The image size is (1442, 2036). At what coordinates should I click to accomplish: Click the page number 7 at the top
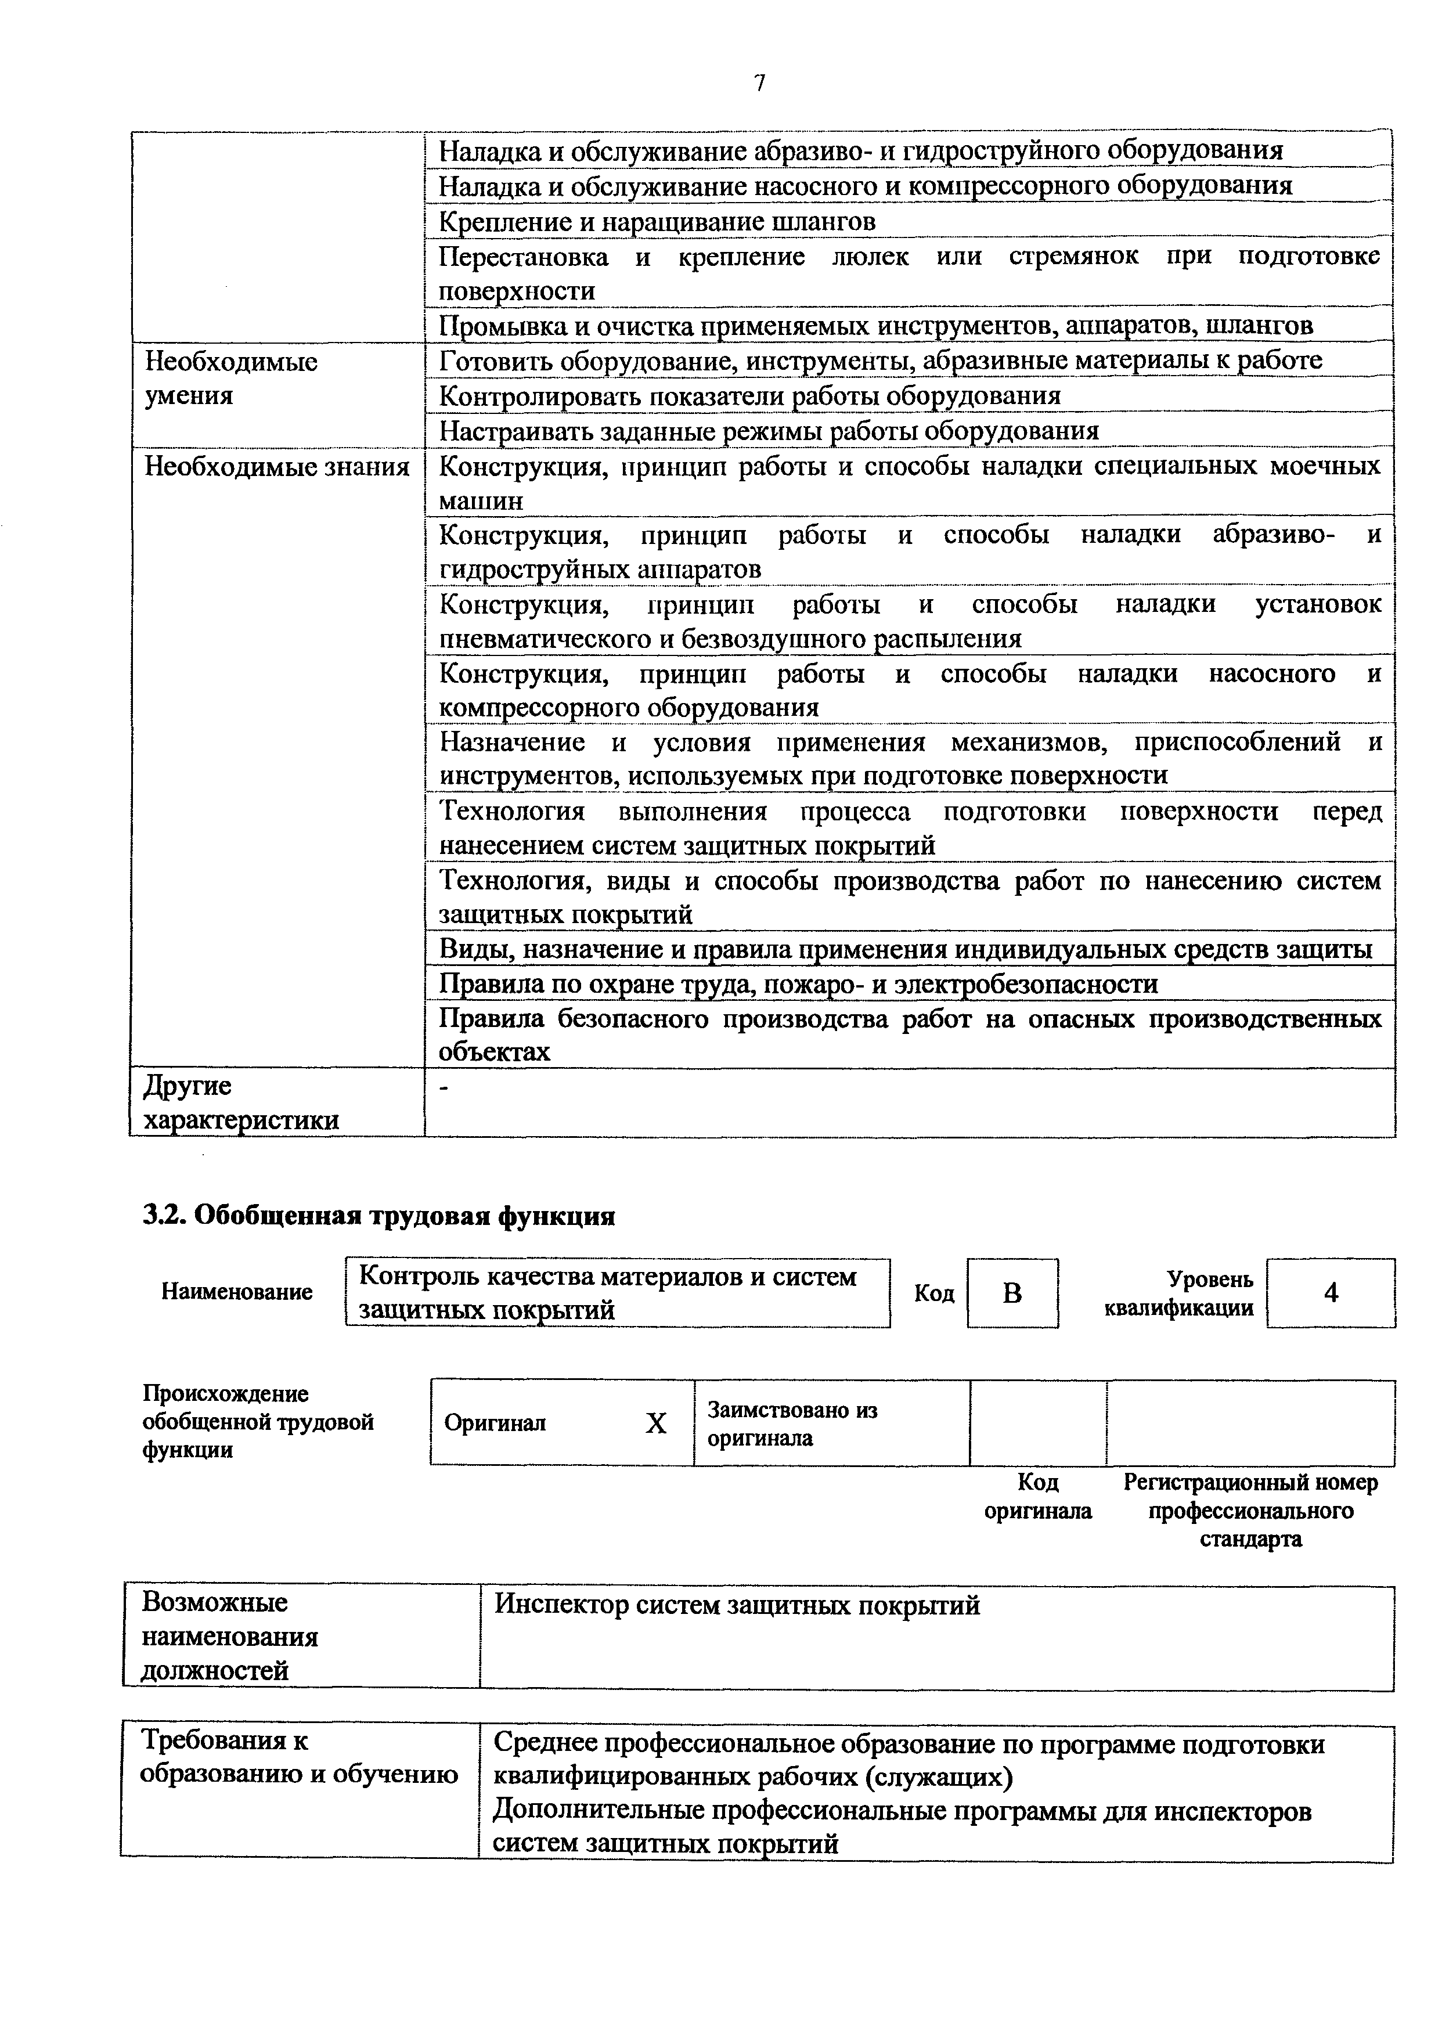[x=759, y=84]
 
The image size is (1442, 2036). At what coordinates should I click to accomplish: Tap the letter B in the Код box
[x=1012, y=1293]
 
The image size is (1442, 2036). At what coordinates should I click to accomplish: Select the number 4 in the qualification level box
[x=1330, y=1293]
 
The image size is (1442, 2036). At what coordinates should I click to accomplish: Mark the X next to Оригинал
[x=655, y=1424]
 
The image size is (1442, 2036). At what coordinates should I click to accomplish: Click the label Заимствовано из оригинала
[x=792, y=1424]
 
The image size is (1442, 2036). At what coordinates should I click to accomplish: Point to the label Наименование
[x=237, y=1292]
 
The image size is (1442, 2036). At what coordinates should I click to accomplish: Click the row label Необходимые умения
[x=232, y=379]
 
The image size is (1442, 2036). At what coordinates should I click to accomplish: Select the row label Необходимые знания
[x=277, y=467]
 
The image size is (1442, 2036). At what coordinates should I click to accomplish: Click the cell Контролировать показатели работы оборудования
[x=750, y=395]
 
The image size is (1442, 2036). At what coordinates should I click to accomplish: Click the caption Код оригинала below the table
[x=1037, y=1497]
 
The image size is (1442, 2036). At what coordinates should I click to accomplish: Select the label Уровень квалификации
[x=1178, y=1293]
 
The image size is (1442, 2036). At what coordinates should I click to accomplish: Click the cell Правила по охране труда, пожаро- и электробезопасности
[x=799, y=984]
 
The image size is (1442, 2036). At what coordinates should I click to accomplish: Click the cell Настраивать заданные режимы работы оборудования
[x=770, y=431]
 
